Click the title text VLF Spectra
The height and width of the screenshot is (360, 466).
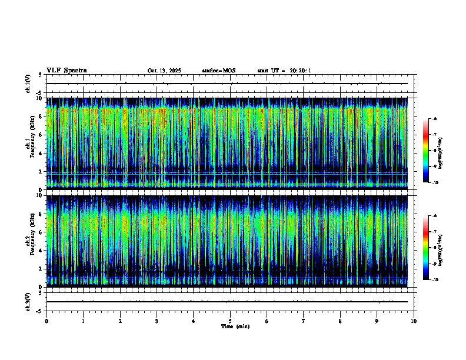pos(66,71)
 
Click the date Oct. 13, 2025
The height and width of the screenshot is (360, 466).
pos(164,71)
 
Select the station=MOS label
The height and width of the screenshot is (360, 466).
pos(218,71)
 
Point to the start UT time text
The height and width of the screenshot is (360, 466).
pos(284,71)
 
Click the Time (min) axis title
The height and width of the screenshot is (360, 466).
pos(235,326)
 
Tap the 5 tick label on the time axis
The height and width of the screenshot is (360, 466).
pos(230,321)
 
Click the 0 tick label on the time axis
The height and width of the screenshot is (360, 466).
pos(46,321)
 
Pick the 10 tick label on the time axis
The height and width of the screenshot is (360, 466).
pos(414,321)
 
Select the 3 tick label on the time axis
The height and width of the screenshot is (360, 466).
pos(157,321)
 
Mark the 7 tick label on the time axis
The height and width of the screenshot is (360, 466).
pos(304,321)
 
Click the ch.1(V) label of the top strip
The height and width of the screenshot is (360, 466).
pos(28,84)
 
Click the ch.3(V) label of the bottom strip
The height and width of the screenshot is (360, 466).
pos(28,301)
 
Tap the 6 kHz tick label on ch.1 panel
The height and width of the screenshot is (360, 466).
pos(41,135)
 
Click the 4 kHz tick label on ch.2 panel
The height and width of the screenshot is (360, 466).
pos(41,250)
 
